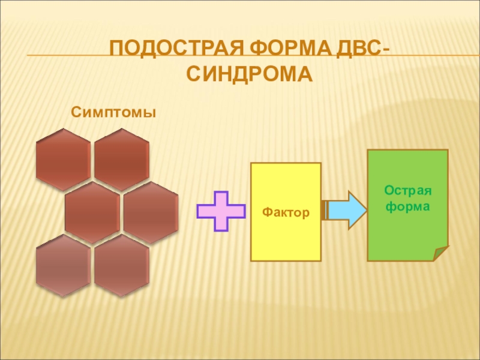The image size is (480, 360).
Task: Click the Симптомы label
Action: (x=114, y=112)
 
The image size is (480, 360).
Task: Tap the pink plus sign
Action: (x=221, y=211)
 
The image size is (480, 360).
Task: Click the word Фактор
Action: (x=286, y=212)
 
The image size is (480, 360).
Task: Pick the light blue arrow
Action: (x=345, y=210)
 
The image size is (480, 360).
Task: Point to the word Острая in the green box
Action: (x=408, y=191)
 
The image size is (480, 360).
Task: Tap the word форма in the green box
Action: (x=408, y=206)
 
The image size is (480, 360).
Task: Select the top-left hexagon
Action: (x=63, y=159)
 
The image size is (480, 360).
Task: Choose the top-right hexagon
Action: (x=122, y=159)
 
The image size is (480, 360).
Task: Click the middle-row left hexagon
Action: (x=92, y=212)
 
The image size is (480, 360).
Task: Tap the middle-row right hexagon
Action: (x=151, y=212)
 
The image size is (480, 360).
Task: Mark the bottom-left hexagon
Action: (x=63, y=265)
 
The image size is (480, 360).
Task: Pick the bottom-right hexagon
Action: (x=122, y=265)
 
